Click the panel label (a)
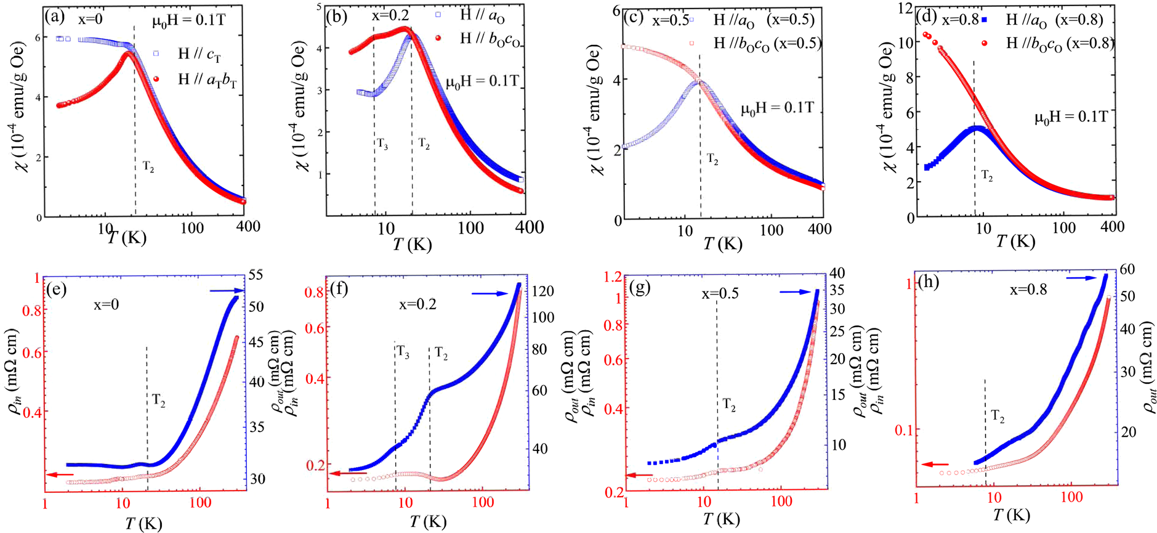pyautogui.click(x=54, y=17)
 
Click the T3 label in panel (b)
pyautogui.click(x=382, y=144)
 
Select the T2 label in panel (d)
pyautogui.click(x=987, y=176)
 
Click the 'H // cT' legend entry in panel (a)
pyautogui.click(x=198, y=54)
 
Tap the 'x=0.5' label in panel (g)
pyautogui.click(x=720, y=294)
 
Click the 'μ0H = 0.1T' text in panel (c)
pyautogui.click(x=777, y=108)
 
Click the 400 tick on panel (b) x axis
pyautogui.click(x=529, y=227)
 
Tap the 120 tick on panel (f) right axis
pyautogui.click(x=542, y=291)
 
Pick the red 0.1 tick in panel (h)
pyautogui.click(x=903, y=429)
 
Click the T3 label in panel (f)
pyautogui.click(x=403, y=352)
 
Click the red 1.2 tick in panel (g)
pyautogui.click(x=613, y=277)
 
